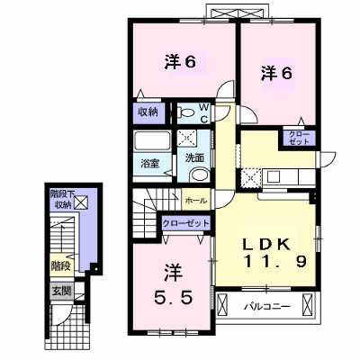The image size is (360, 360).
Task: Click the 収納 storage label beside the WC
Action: tap(148, 112)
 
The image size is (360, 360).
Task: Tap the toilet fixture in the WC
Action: tap(185, 113)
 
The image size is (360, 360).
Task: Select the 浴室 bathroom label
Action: tap(150, 164)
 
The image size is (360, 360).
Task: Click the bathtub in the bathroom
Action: tap(152, 141)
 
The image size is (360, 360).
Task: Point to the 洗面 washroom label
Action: tap(194, 157)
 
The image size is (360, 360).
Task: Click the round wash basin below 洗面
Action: tap(201, 175)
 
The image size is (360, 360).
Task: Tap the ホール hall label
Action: tap(196, 201)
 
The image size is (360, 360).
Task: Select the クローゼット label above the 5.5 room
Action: tap(185, 223)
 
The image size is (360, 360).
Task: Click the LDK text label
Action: tap(266, 245)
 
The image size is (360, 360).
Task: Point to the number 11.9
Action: tap(275, 262)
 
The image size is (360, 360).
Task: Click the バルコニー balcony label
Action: tap(267, 307)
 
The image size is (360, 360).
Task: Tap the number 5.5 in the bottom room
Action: tap(173, 298)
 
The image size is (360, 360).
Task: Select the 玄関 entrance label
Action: tap(62, 291)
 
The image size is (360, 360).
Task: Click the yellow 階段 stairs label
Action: tap(60, 265)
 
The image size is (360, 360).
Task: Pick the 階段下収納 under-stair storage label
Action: tap(62, 199)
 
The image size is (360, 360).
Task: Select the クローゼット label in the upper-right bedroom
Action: tap(299, 138)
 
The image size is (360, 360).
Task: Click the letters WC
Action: tap(203, 113)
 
